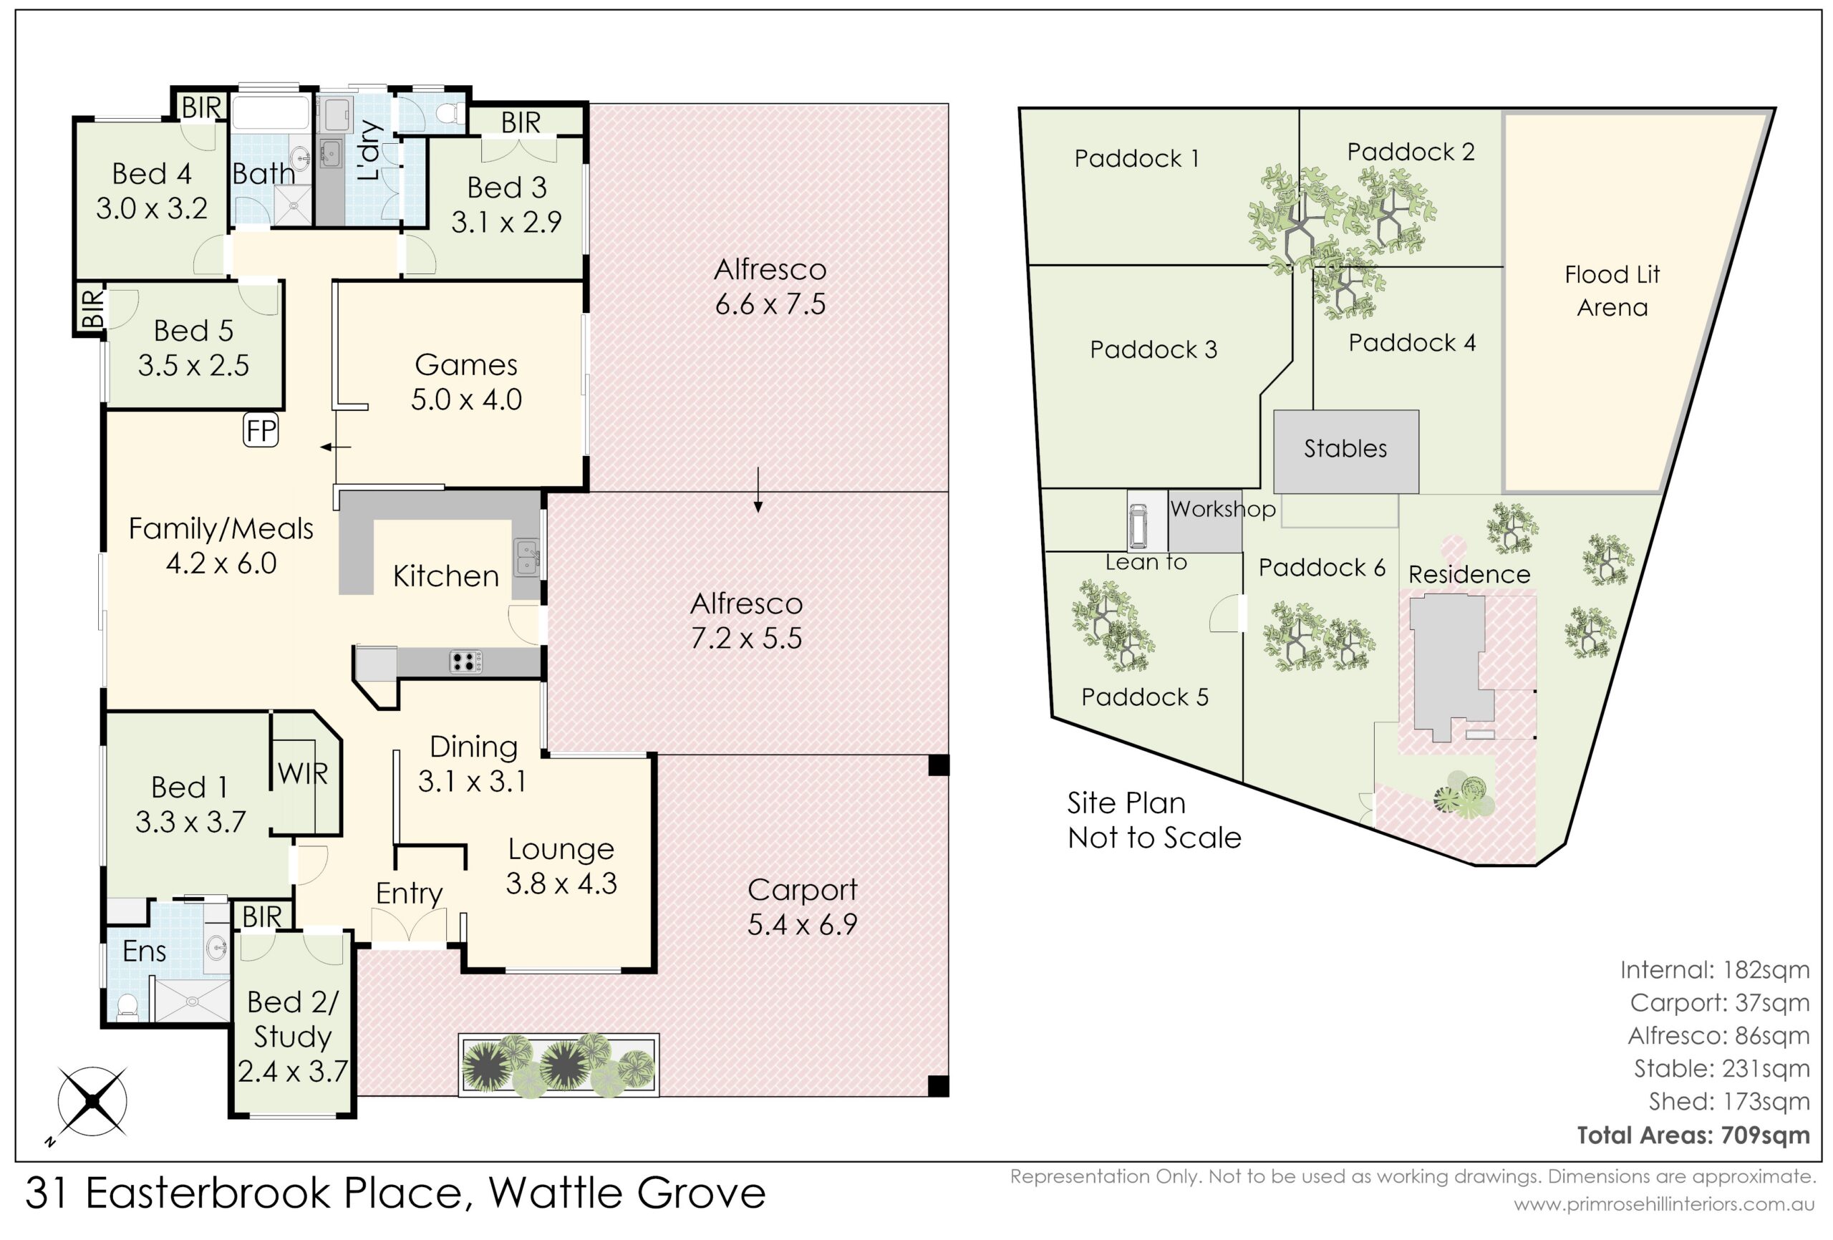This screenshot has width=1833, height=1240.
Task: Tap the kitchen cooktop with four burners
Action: coord(465,661)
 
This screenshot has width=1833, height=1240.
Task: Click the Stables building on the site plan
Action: coord(1345,452)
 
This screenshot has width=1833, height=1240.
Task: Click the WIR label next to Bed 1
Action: coord(303,774)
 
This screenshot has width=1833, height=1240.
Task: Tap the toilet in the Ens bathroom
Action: coord(126,1005)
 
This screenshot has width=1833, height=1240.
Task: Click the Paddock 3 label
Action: coord(1153,349)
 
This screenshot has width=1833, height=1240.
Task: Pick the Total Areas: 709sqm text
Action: coord(1693,1134)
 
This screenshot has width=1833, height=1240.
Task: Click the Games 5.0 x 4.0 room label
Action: coord(466,382)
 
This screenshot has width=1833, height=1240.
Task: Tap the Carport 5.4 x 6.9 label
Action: coord(802,906)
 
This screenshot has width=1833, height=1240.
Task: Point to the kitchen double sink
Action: coord(527,558)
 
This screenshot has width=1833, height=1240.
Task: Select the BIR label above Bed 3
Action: coord(521,123)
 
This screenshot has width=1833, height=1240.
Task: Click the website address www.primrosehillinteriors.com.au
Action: coord(1664,1204)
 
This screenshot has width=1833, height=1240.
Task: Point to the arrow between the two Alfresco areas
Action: coord(758,490)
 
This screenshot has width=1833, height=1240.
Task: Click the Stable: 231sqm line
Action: coord(1721,1068)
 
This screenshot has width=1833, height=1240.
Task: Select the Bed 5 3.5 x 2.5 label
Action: coord(193,348)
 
